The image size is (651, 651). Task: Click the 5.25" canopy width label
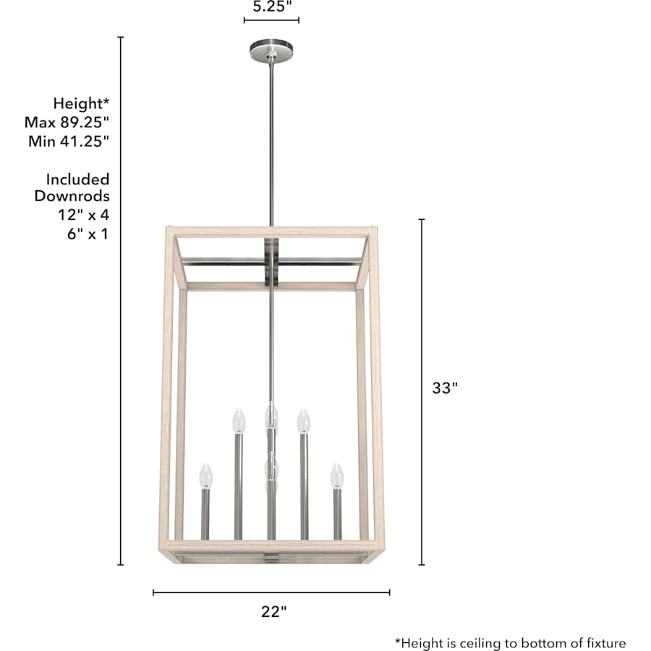(272, 7)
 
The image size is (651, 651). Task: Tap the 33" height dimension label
(446, 388)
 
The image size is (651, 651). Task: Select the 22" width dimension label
(274, 611)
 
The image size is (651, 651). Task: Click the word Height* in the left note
(81, 103)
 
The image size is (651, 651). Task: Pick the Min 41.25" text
(69, 141)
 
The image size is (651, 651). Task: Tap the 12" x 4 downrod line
(84, 215)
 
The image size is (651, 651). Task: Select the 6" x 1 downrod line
(87, 234)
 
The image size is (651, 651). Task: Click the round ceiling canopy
(271, 51)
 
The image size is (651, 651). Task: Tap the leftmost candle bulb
(206, 475)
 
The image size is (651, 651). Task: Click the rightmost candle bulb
(336, 475)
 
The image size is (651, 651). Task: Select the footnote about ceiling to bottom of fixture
(510, 642)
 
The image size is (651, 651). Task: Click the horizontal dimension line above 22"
(271, 592)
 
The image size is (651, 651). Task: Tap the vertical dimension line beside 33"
(422, 391)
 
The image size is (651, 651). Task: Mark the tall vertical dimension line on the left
(121, 300)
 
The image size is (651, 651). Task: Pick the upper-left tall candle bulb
(237, 420)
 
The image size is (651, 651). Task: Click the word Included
(78, 179)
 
